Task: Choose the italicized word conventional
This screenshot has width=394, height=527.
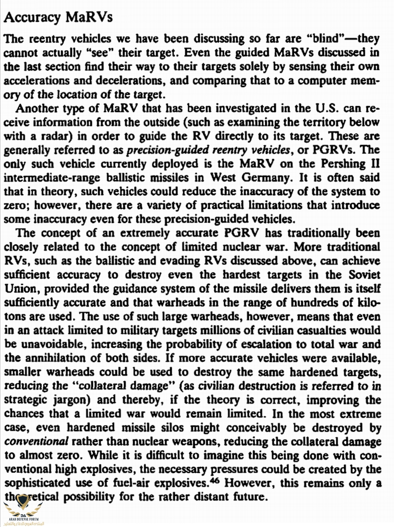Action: click(x=36, y=441)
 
